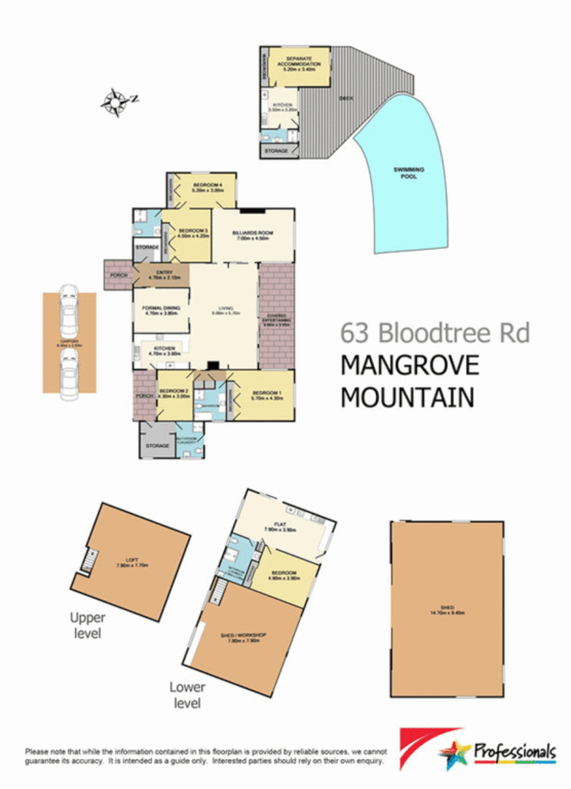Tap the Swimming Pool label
click(409, 172)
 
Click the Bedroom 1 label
click(261, 397)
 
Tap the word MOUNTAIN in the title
click(407, 397)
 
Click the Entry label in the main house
click(159, 276)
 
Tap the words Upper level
click(87, 625)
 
